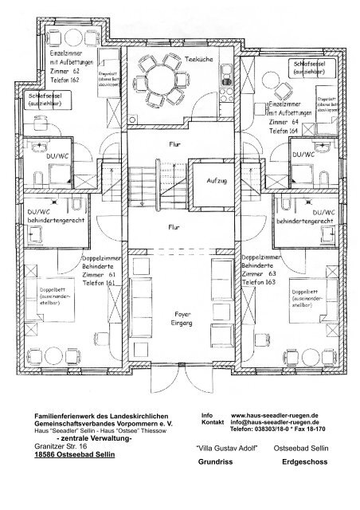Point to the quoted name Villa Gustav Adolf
click(x=224, y=449)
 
